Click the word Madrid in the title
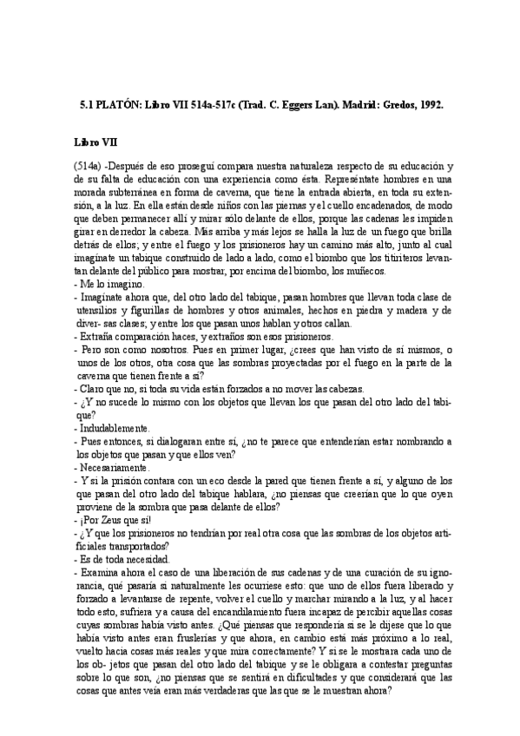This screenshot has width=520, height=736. (x=334, y=104)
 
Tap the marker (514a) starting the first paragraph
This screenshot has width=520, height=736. (x=89, y=165)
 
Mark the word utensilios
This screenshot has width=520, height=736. (x=102, y=310)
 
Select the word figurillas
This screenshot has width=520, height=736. (x=166, y=310)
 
